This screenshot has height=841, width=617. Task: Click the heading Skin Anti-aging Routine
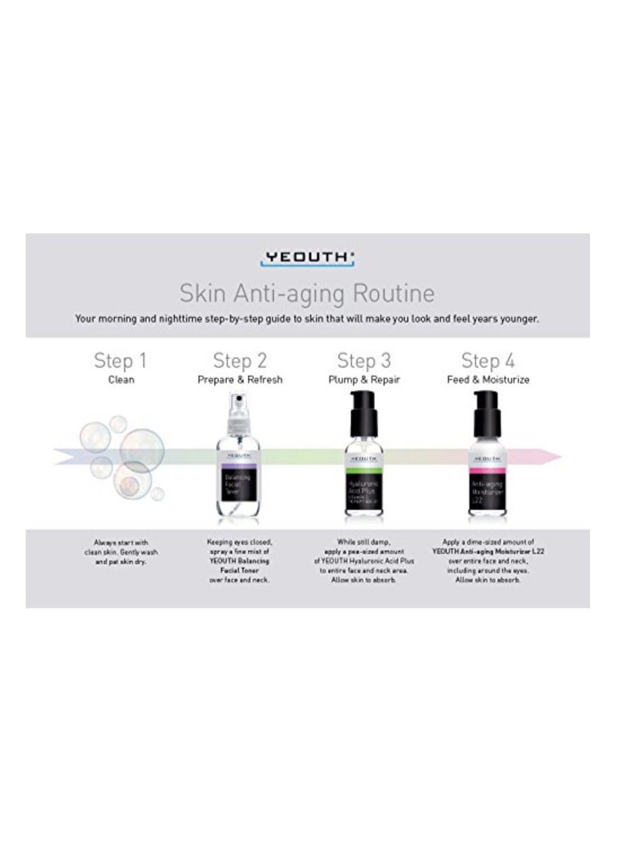pyautogui.click(x=306, y=294)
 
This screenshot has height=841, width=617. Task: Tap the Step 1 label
pyautogui.click(x=120, y=361)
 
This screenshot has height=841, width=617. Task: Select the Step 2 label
pyautogui.click(x=239, y=361)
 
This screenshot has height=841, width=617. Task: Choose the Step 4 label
pyautogui.click(x=487, y=361)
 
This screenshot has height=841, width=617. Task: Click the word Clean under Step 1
pyautogui.click(x=120, y=380)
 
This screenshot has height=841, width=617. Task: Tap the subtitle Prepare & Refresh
pyautogui.click(x=239, y=380)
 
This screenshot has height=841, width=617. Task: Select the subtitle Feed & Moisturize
pyautogui.click(x=487, y=380)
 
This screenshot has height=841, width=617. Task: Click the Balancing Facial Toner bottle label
pyautogui.click(x=239, y=486)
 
